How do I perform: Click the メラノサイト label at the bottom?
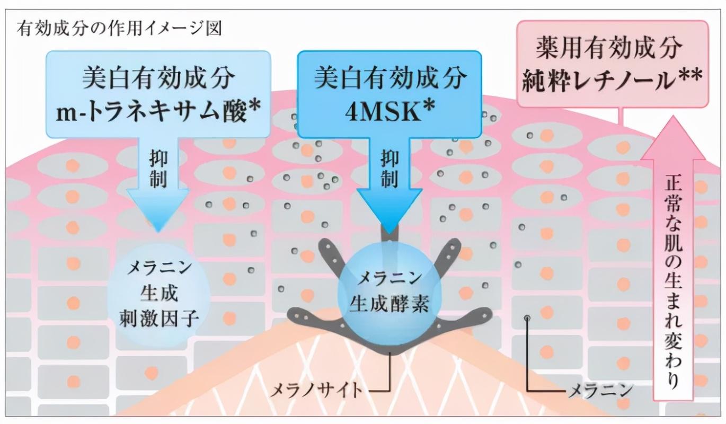[316, 391]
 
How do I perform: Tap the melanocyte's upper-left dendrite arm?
[334, 254]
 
